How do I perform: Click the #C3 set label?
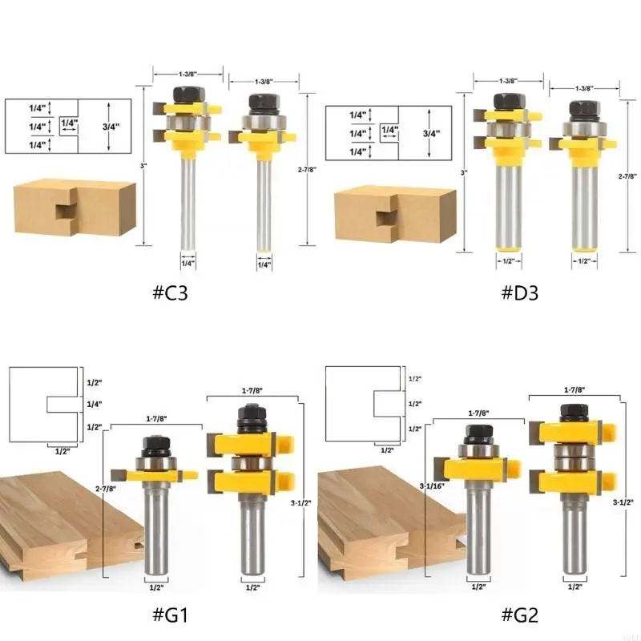(x=170, y=292)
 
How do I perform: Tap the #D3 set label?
(x=519, y=292)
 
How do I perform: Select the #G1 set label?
(x=170, y=615)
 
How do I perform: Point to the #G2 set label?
(x=519, y=615)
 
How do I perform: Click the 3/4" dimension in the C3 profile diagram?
(x=111, y=127)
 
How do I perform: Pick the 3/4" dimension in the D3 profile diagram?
(x=431, y=133)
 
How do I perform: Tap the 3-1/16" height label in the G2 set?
(x=432, y=486)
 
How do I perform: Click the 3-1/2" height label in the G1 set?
(x=301, y=503)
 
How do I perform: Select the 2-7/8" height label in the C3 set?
(x=307, y=169)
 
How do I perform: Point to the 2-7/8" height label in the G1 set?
(x=106, y=489)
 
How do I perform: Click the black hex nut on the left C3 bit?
(x=188, y=95)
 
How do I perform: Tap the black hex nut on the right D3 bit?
(x=584, y=109)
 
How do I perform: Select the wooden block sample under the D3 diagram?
(x=395, y=214)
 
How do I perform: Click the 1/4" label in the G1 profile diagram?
(x=95, y=405)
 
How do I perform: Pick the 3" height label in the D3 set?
(x=464, y=173)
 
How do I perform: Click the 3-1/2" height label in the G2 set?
(x=623, y=502)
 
